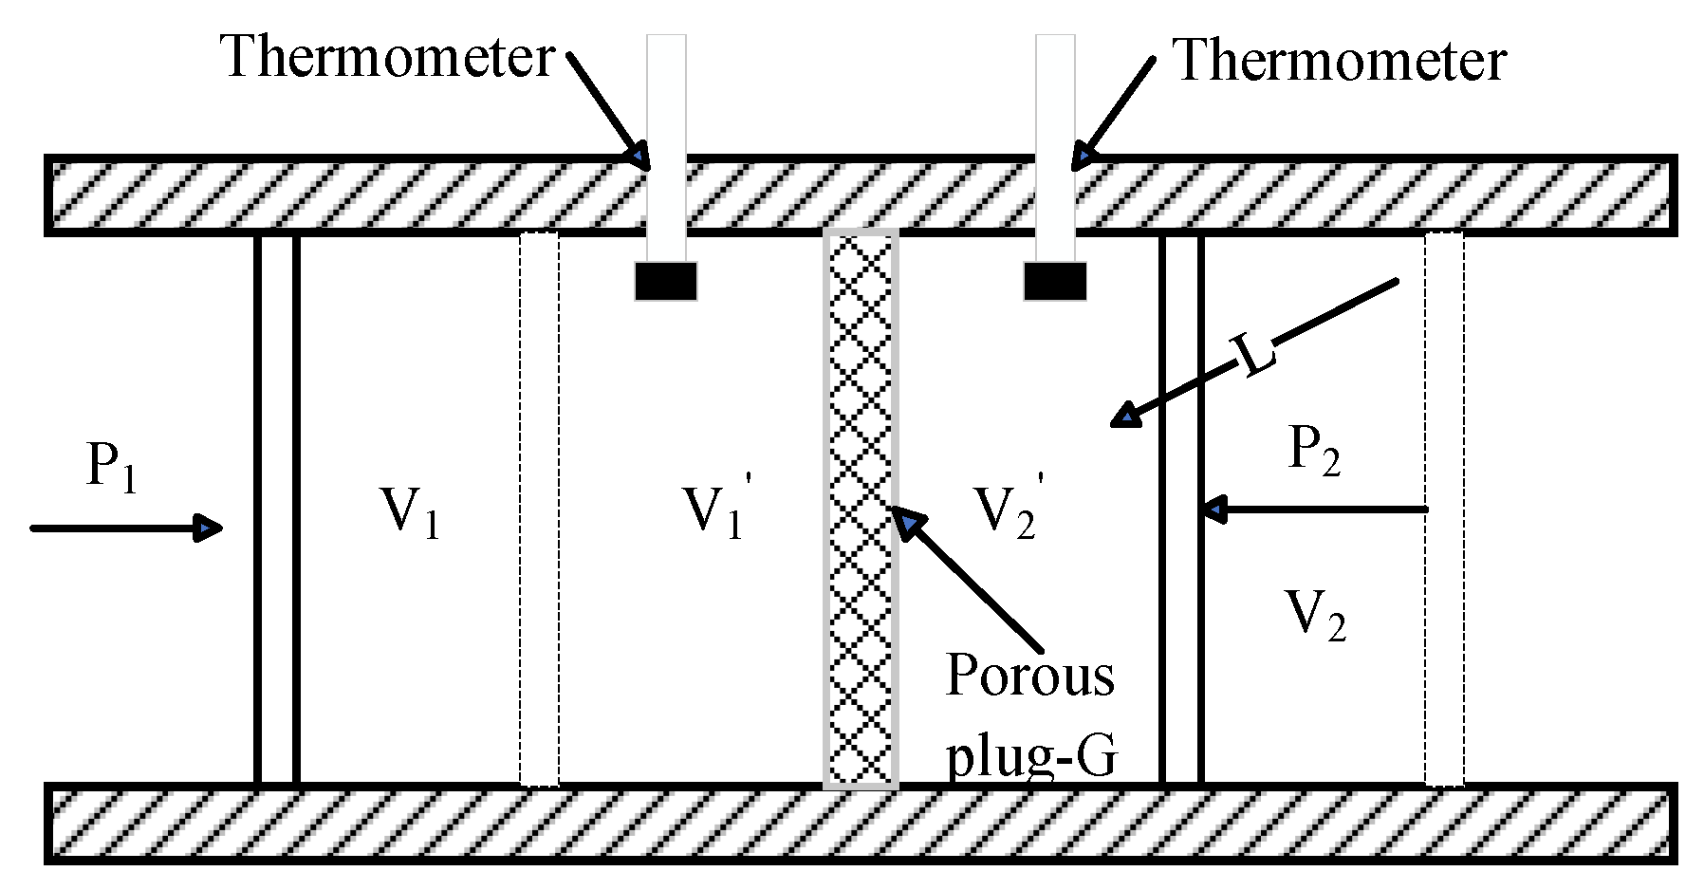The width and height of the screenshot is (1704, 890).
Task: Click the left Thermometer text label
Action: click(x=387, y=57)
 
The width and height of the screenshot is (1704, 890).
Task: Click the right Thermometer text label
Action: click(x=1339, y=61)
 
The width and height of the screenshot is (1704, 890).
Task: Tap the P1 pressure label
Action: click(x=111, y=468)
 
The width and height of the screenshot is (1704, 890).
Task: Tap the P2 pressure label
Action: click(x=1313, y=450)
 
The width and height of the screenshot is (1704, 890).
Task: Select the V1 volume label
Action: click(x=410, y=512)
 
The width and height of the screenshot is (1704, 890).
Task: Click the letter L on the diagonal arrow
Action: click(x=1254, y=355)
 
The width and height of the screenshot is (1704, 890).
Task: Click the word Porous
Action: click(x=1029, y=676)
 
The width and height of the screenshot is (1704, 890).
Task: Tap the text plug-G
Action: click(x=1031, y=756)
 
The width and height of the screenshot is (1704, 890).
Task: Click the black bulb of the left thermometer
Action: click(x=666, y=282)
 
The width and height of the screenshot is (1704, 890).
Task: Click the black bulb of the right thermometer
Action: click(x=1055, y=282)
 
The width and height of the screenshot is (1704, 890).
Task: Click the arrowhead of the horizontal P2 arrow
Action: click(x=1214, y=510)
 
